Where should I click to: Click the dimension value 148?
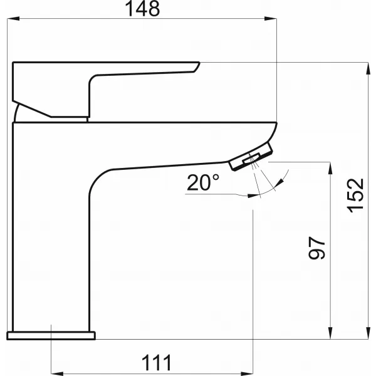tap(142, 9)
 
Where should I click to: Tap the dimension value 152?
tap(355, 196)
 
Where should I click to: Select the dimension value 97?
tap(316, 248)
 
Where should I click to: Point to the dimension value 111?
tap(157, 363)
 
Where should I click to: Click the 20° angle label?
tap(203, 182)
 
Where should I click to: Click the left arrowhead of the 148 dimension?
tap(13, 18)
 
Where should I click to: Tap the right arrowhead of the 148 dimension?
tap(271, 18)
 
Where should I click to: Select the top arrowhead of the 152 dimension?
tap(368, 68)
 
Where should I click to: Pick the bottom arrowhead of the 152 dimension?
tap(368, 333)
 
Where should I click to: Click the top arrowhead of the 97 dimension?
tap(330, 169)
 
